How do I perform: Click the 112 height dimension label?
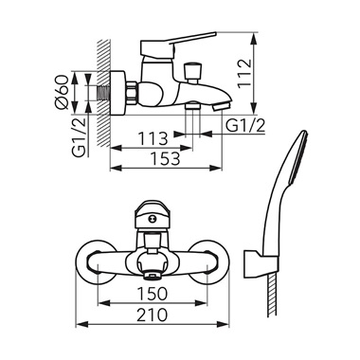245,73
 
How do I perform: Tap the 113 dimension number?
153,138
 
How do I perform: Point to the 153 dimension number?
165,158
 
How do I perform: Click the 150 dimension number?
153,294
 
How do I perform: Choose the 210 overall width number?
153,315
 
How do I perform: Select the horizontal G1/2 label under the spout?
245,126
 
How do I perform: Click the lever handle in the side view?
178,44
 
